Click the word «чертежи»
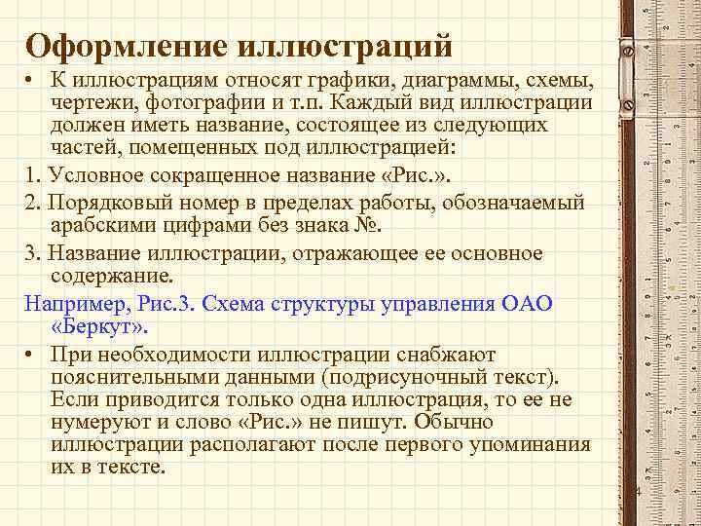pyautogui.click(x=92, y=102)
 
